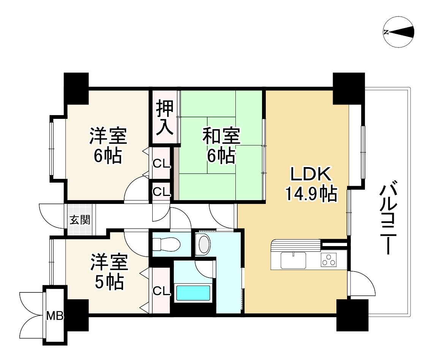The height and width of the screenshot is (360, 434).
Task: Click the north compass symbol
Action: tap(398, 32)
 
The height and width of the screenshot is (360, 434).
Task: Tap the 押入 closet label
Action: tap(166, 117)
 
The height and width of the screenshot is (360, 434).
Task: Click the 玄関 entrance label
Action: tap(80, 220)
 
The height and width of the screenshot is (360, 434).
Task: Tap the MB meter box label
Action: tap(54, 316)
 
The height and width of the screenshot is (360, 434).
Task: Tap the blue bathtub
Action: tap(193, 294)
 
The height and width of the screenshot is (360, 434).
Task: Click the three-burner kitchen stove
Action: tap(328, 260)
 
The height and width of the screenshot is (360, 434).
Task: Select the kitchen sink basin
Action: tap(294, 260)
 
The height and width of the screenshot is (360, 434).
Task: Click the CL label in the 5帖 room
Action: tap(161, 291)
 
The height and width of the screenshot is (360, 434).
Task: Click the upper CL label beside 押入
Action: tap(161, 164)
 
